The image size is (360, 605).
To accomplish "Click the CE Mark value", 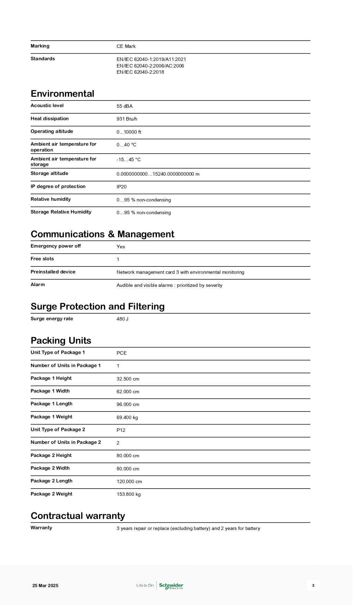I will pos(126,46).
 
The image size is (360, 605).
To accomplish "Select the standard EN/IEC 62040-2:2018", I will pos(140,72).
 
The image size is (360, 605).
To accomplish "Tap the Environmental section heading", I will pos(62,94).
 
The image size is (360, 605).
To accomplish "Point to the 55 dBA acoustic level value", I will pos(125,106).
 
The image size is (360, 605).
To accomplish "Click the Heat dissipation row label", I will pos(50,118).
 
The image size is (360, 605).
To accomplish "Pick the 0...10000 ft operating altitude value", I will pos(129,132).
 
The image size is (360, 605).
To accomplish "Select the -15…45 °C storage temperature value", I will pos(128,159).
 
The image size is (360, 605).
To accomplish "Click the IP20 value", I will pos(121,187).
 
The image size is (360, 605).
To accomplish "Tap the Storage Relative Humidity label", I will pos(61,212).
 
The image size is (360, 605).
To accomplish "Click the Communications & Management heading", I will pos(102,234).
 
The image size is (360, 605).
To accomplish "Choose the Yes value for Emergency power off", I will pos(121,247).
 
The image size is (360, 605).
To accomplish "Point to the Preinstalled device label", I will pos(53,272).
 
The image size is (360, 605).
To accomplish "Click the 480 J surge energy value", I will pos(123,319).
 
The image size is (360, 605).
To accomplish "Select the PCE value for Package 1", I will pos(121,353).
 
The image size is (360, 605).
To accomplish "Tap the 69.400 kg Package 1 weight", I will pos(127,417).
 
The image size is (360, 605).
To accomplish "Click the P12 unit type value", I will pos(121,430).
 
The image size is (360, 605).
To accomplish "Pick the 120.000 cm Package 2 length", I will pos(129,481).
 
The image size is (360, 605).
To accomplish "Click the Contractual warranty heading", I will pos(78,516).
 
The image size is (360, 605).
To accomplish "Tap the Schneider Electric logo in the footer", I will pos(171,585).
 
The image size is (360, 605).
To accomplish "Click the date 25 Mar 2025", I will pos(45,585).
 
